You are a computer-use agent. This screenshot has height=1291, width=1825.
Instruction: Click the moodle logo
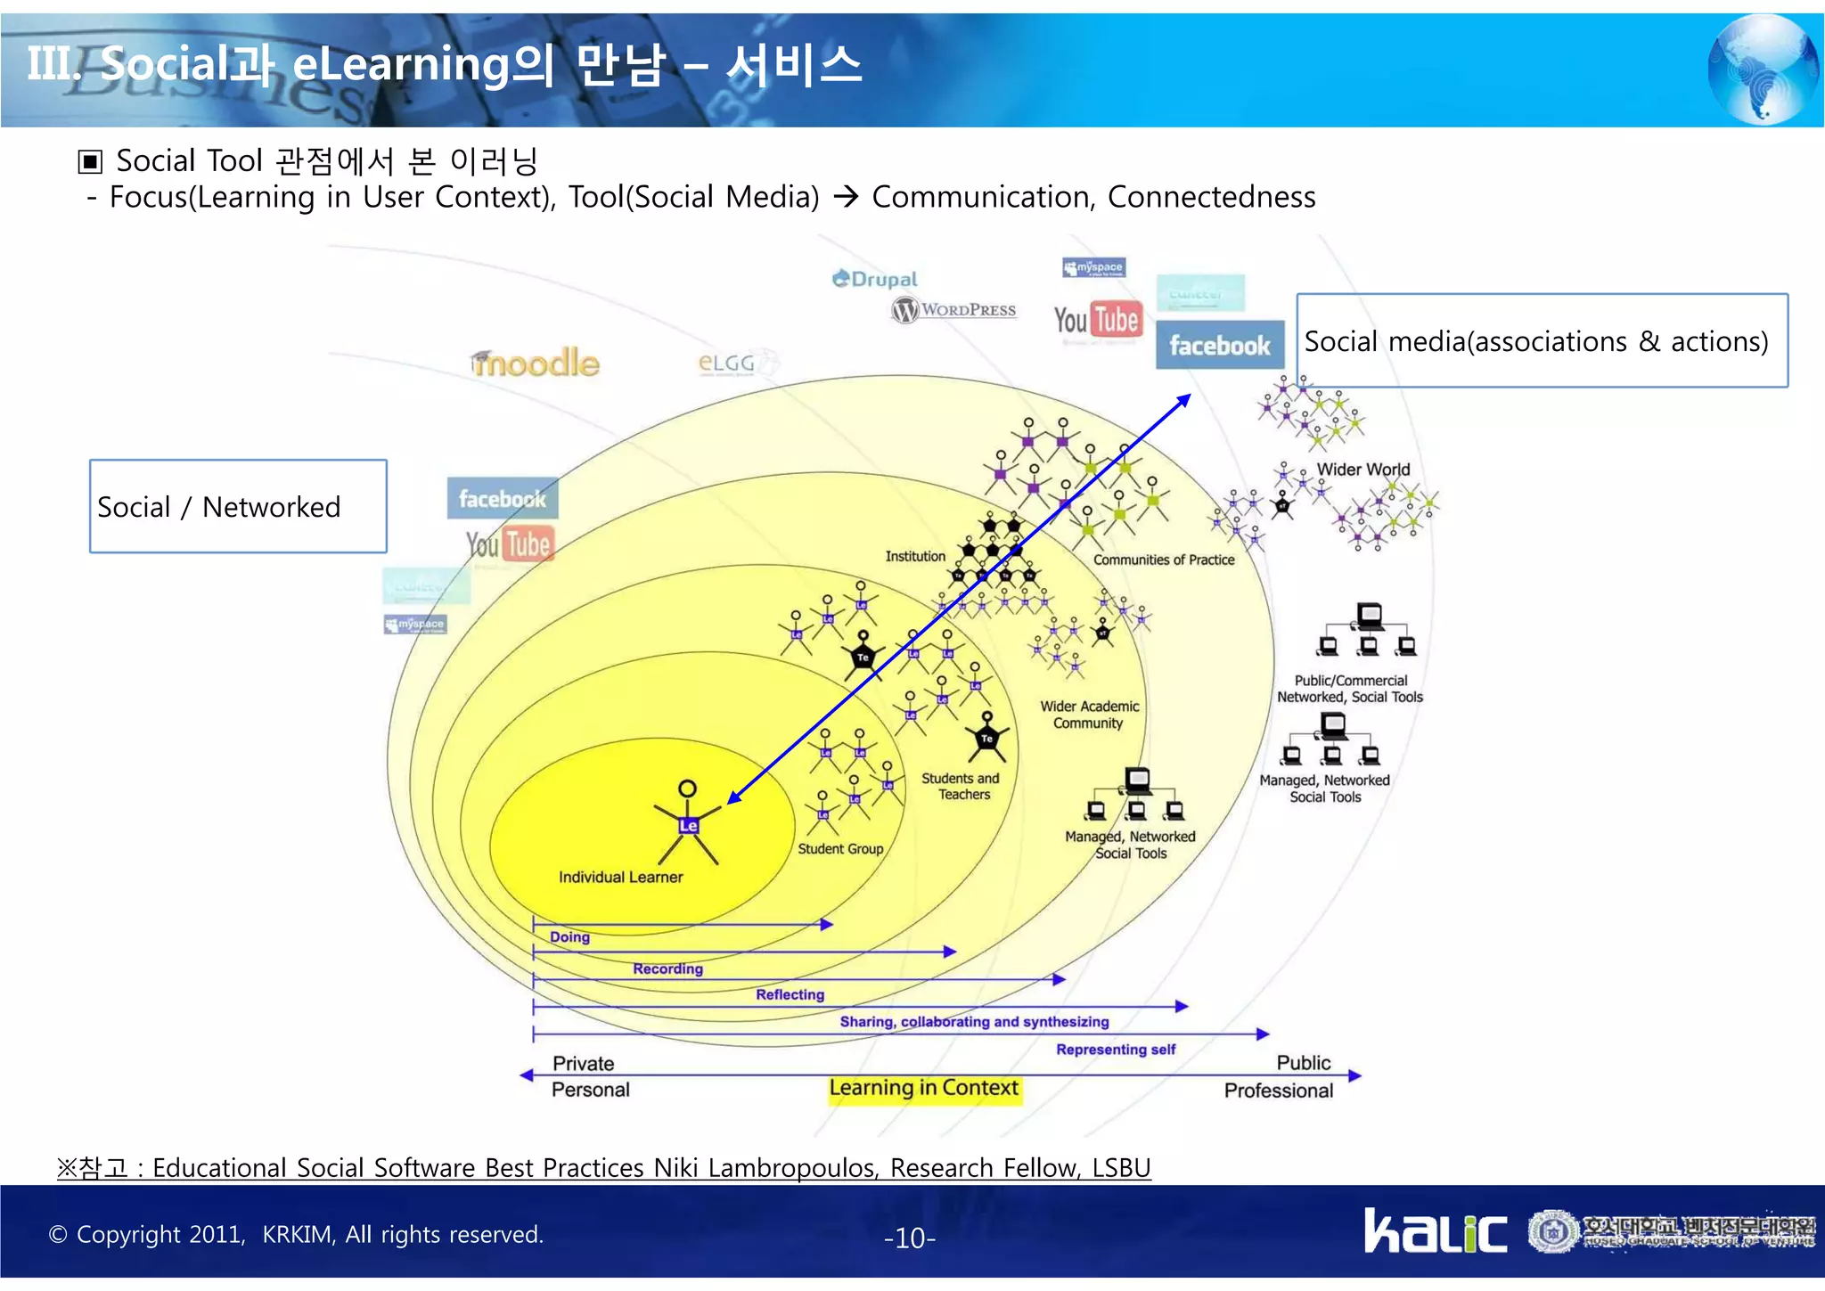tap(536, 364)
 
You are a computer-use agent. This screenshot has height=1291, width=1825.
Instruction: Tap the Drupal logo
tap(874, 280)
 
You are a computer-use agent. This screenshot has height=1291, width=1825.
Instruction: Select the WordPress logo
tap(954, 310)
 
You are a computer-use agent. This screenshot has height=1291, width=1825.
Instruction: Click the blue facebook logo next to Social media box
tap(1219, 345)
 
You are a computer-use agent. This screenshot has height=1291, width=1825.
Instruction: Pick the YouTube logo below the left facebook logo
tap(510, 543)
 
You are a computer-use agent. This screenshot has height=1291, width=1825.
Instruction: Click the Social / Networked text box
tap(238, 506)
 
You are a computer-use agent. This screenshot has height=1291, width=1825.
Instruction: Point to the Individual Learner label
tap(620, 877)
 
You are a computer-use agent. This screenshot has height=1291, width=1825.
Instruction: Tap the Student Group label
tap(840, 849)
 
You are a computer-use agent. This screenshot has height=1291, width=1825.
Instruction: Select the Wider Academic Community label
tap(1089, 715)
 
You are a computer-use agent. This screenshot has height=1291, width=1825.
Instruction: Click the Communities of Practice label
tap(1164, 560)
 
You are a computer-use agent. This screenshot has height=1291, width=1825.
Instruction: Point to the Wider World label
tap(1363, 470)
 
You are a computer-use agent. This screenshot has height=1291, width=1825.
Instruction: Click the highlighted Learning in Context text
tap(923, 1088)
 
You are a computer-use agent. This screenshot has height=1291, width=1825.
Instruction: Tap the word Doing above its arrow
tap(569, 937)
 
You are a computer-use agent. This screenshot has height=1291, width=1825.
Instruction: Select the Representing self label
tap(1116, 1050)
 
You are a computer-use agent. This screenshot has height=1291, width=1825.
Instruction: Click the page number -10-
tap(909, 1238)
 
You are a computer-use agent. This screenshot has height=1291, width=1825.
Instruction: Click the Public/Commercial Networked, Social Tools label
tap(1349, 689)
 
